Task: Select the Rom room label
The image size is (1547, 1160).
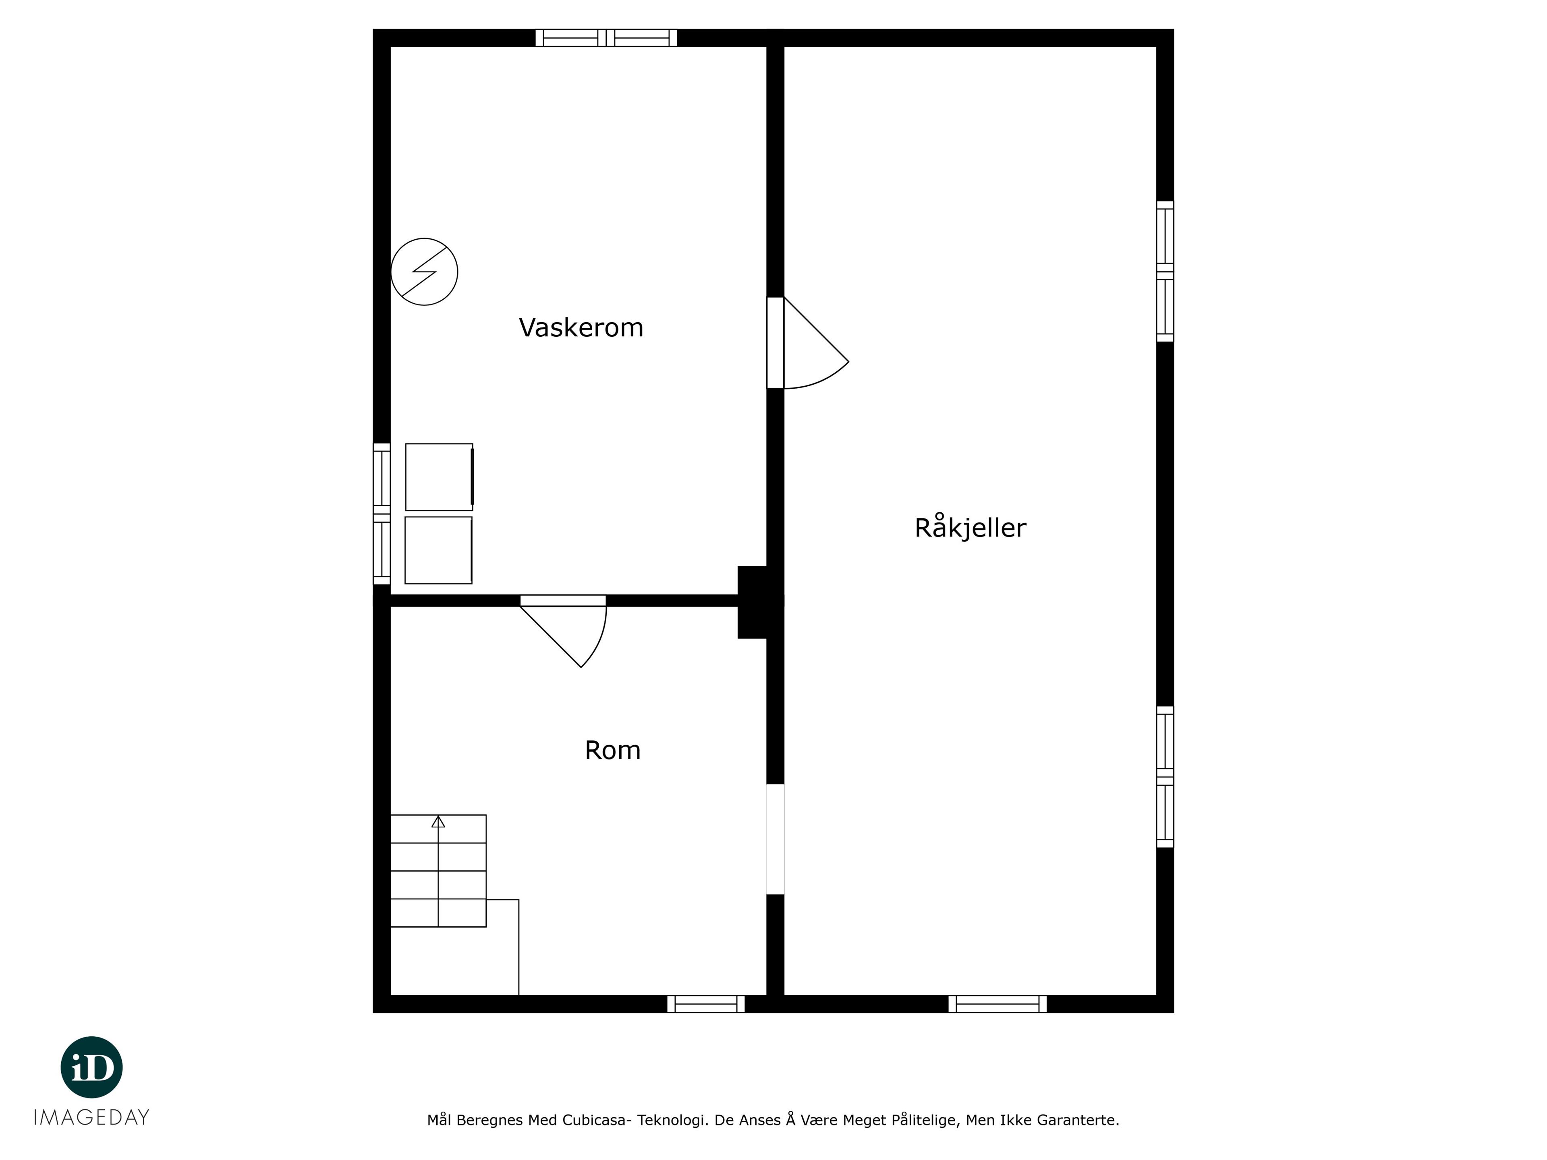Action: point(613,750)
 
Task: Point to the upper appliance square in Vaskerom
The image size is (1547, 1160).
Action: point(439,477)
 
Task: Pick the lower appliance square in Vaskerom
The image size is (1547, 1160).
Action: point(438,550)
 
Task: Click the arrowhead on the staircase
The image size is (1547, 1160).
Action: point(438,822)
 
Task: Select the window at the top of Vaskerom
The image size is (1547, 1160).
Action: point(606,38)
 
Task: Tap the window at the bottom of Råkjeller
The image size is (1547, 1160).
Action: point(997,1004)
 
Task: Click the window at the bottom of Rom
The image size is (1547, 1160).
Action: point(706,1004)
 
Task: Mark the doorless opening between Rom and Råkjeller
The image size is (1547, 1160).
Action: point(776,839)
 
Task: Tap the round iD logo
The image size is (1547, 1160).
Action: point(91,1067)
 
